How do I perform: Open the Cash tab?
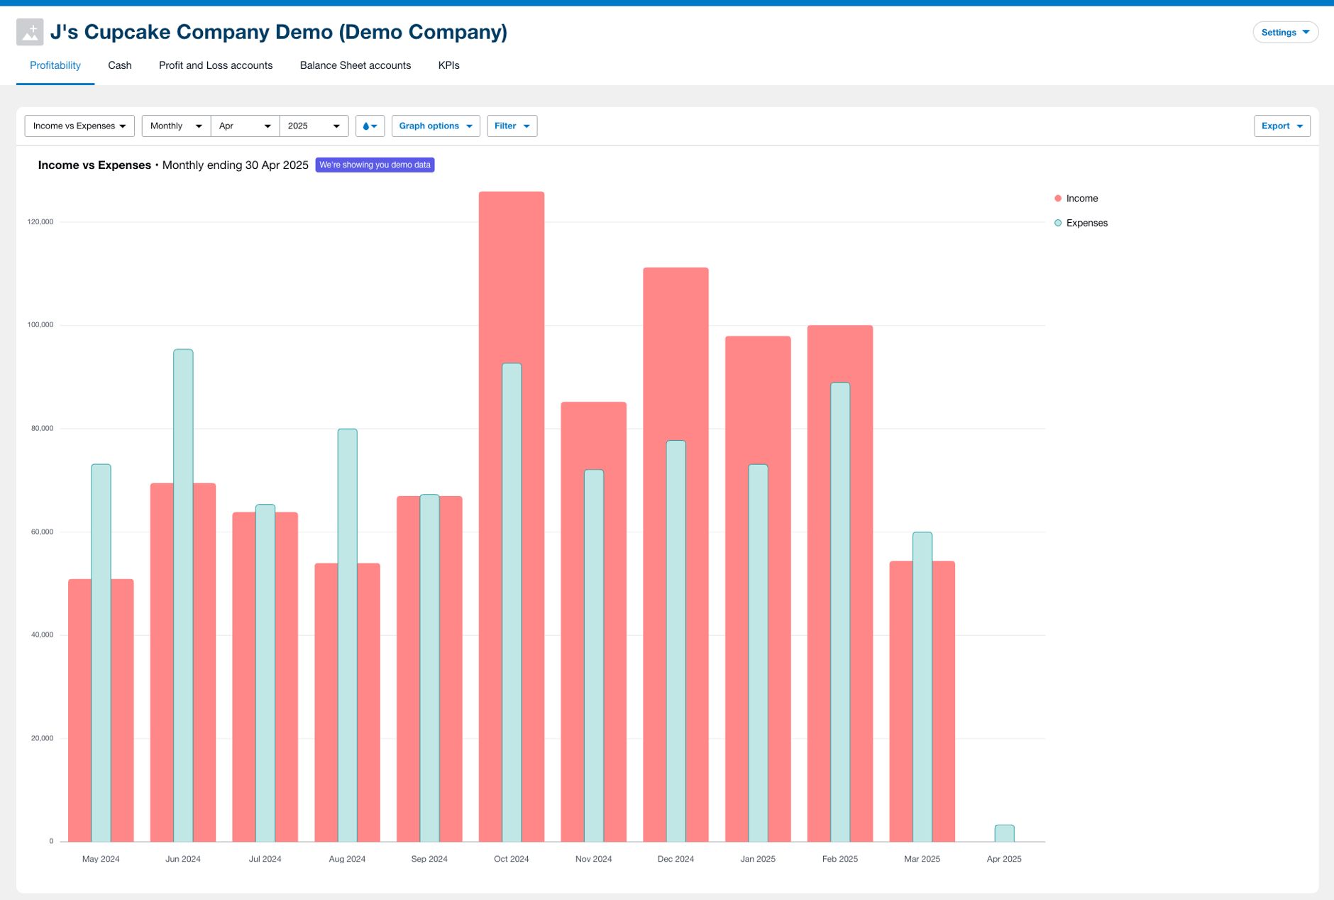[119, 65]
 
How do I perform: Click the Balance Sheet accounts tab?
[355, 65]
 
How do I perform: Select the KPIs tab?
[448, 65]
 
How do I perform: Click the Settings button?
[1284, 32]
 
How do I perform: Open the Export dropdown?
[1281, 126]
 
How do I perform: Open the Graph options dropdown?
[435, 126]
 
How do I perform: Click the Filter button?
[512, 126]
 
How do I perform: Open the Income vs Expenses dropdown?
[79, 126]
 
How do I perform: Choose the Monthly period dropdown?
[176, 126]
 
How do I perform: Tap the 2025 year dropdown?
[314, 126]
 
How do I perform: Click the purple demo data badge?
[375, 165]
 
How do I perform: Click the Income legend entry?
[1081, 199]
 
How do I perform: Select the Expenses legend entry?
[1086, 223]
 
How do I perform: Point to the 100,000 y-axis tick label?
[40, 325]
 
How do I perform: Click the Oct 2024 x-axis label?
[511, 859]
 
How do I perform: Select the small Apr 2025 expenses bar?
[1004, 833]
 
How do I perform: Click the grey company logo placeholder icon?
[30, 32]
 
